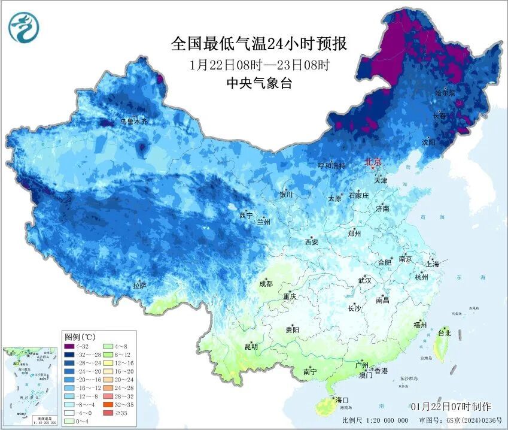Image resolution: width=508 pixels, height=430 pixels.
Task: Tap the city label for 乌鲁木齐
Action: (133, 121)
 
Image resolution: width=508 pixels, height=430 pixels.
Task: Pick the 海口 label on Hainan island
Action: (342, 399)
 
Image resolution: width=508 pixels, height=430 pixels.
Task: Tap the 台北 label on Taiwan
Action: (445, 332)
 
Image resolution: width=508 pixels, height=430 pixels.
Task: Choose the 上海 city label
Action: (432, 264)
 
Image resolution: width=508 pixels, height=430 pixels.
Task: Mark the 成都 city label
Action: (266, 284)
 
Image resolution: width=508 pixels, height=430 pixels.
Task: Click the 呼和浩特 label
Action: (331, 165)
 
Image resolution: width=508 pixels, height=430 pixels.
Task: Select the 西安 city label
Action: (312, 242)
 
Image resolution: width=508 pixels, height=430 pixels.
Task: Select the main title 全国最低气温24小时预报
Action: (259, 44)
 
